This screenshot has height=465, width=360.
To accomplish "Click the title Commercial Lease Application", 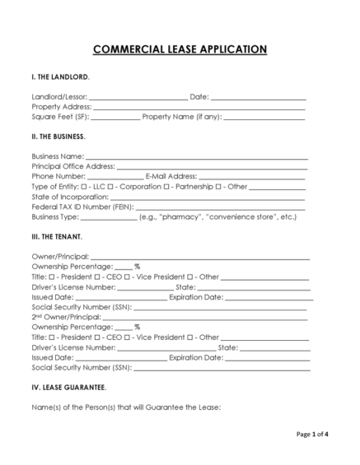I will pos(180,49).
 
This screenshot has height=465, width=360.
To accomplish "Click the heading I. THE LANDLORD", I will pos(61,77).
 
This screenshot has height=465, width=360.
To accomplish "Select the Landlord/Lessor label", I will pos(59,97).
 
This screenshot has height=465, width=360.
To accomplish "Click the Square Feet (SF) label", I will pos(60,117).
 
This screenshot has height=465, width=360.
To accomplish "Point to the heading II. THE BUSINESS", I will pos(58,136).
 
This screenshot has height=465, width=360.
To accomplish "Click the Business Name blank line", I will pos(197,156).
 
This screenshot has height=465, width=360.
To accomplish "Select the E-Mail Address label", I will pos(171,176).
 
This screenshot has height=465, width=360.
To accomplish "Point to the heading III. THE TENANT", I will pos(57,236).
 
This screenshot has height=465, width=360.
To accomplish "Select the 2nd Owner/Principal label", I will pos(65,316).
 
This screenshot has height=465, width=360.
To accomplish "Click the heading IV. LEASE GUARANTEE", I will pos(69,386).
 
